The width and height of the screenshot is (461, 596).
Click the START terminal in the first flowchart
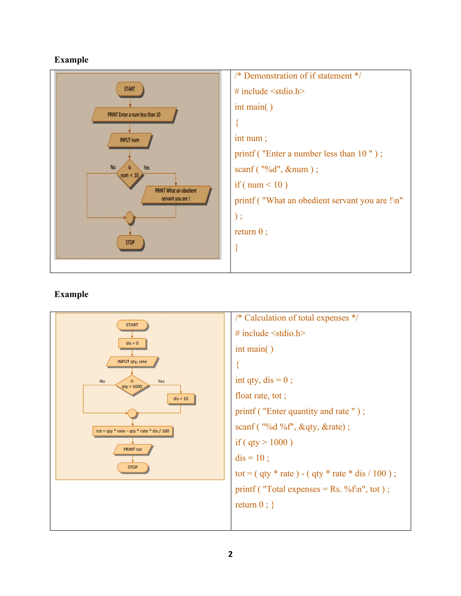point(130,89)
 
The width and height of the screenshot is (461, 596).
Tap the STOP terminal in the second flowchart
point(133,467)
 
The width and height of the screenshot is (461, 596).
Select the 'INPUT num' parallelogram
point(129,140)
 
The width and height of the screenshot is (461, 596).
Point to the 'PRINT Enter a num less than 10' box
point(134,115)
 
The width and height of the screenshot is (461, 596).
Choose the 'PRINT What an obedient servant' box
point(176,195)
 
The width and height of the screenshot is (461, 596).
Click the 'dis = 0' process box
point(132,343)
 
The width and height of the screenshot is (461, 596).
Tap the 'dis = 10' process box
point(181,399)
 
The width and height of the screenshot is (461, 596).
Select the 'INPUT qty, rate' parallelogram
point(132,362)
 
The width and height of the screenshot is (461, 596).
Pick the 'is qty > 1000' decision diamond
point(132,385)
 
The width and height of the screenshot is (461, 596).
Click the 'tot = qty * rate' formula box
point(133,431)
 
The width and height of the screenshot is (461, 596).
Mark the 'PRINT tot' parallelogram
point(133,449)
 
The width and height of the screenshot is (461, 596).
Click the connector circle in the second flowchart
point(132,413)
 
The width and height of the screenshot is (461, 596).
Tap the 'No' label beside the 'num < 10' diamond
point(113,167)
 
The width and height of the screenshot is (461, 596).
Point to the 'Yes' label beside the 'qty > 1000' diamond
point(161,381)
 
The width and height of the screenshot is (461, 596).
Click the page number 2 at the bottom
point(230,554)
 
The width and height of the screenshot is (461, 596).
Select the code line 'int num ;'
point(251,138)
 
